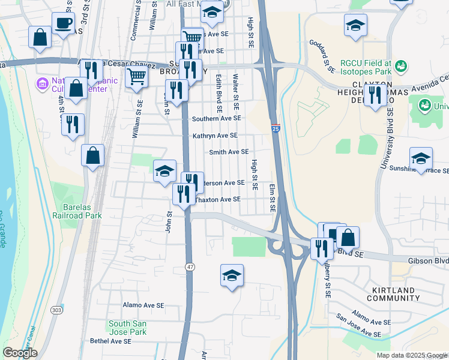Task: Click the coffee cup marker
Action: pos(63,24)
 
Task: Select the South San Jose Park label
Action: pos(127,328)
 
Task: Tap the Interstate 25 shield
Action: pos(276,128)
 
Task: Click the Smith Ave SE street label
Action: pos(228,152)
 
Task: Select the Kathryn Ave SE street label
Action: pos(215,136)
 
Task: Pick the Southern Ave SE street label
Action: pos(216,119)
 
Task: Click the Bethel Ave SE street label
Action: pos(110,341)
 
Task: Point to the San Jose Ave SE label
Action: pos(358,325)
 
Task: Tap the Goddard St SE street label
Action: pos(322,56)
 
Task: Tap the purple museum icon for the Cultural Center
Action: pos(43,82)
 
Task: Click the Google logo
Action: pos(20,353)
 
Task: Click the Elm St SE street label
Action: pos(272,199)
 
